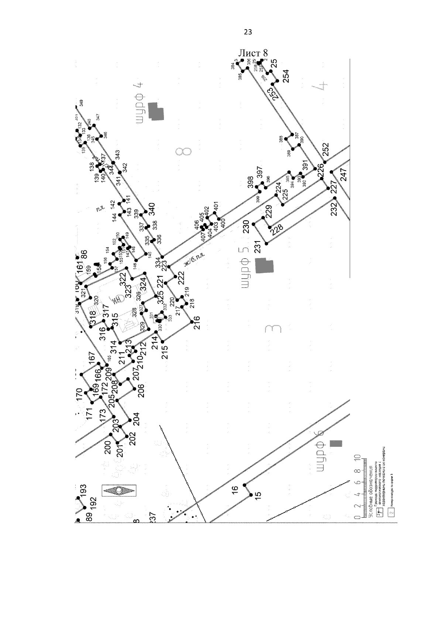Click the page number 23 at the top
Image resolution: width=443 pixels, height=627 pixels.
[248, 32]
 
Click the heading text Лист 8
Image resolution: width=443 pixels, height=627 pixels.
[253, 52]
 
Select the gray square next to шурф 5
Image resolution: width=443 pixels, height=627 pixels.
[264, 266]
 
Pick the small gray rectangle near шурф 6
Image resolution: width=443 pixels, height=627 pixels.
[336, 443]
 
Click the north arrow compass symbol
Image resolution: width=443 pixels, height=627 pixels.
[119, 490]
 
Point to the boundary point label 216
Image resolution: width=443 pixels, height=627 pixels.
[196, 323]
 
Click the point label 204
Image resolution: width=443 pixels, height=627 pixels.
[136, 419]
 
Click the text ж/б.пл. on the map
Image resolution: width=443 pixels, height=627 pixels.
[194, 259]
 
